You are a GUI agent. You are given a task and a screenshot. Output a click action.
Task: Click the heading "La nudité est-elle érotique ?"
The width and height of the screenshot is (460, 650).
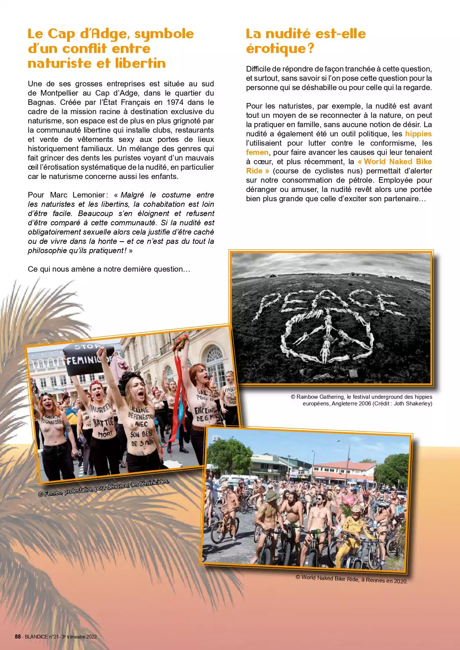pyautogui.click(x=305, y=41)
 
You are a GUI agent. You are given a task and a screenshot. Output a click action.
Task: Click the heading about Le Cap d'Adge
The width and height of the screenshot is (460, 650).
pyautogui.click(x=110, y=48)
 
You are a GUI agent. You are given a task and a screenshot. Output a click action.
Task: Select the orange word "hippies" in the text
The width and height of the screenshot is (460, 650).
pyautogui.click(x=418, y=134)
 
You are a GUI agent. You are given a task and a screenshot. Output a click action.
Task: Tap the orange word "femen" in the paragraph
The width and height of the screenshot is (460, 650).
pyautogui.click(x=257, y=152)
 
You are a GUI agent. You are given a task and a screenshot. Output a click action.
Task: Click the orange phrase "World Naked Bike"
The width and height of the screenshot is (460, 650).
pyautogui.click(x=398, y=162)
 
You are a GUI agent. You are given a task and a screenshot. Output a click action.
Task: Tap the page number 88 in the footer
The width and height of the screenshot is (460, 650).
pyautogui.click(x=17, y=637)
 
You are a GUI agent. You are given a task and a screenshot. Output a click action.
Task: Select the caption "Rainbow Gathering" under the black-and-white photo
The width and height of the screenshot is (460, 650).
pyautogui.click(x=320, y=397)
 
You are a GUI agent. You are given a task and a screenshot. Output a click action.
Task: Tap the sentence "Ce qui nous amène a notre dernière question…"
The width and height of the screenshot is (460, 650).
pyautogui.click(x=109, y=269)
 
